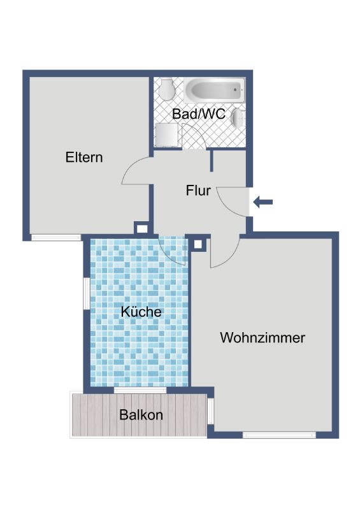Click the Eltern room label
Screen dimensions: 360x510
(84, 157)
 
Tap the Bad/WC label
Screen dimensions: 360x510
(199, 114)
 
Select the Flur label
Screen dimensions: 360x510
(198, 191)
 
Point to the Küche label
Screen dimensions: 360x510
(141, 312)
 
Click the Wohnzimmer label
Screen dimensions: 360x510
(263, 338)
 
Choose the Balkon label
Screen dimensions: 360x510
(141, 415)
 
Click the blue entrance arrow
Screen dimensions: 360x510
(263, 202)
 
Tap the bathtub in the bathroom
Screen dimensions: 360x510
(213, 89)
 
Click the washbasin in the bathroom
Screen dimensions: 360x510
(238, 118)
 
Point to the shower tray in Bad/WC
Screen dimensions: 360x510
(167, 135)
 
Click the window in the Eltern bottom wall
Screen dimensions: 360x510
(56, 237)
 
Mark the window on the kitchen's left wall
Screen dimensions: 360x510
(87, 293)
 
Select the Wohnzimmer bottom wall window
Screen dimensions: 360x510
(279, 435)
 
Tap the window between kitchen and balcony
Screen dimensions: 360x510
(140, 390)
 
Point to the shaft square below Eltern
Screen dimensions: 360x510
(142, 228)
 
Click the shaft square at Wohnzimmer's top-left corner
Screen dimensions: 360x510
(198, 244)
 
